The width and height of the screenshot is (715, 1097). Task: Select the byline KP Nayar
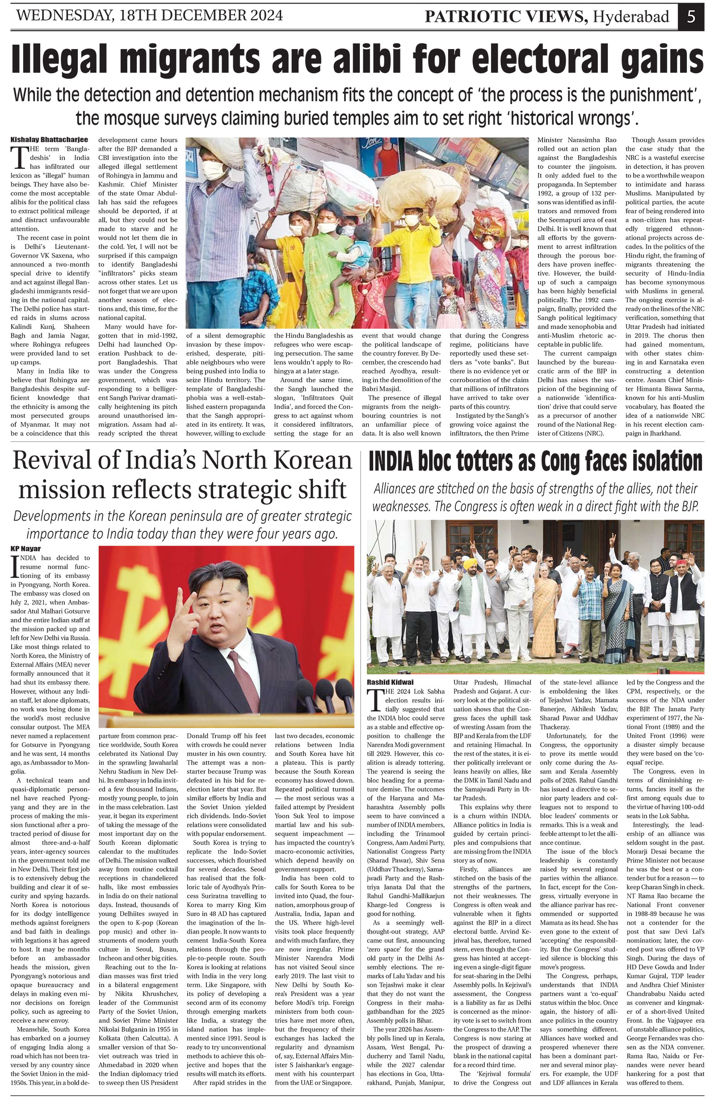[x=26, y=548]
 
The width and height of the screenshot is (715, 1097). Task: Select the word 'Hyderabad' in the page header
[x=631, y=17]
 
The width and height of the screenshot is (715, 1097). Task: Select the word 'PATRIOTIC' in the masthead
[x=468, y=17]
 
